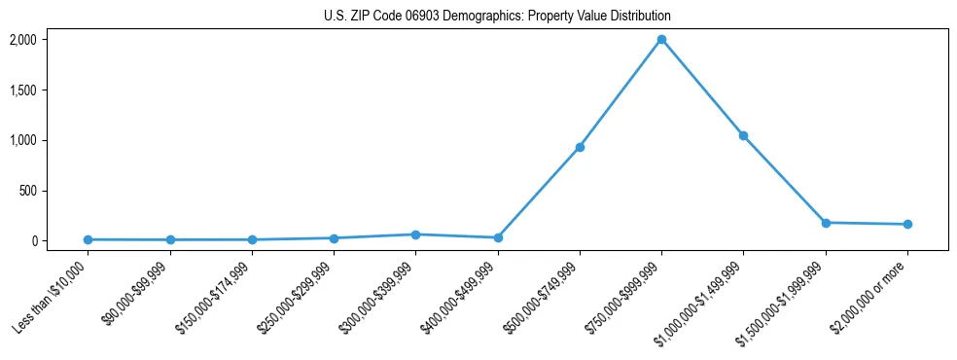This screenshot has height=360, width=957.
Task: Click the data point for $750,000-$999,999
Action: pyautogui.click(x=661, y=40)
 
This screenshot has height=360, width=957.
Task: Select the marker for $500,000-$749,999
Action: pyautogui.click(x=580, y=147)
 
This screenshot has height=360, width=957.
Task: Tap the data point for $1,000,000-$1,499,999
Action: pyautogui.click(x=743, y=135)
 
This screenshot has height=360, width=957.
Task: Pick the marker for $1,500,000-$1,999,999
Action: pyautogui.click(x=826, y=223)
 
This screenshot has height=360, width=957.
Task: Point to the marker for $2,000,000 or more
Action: pyautogui.click(x=907, y=225)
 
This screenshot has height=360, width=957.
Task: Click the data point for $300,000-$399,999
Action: pyautogui.click(x=415, y=234)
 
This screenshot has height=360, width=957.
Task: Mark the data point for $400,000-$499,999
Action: pyautogui.click(x=498, y=237)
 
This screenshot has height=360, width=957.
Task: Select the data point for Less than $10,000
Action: pyautogui.click(x=88, y=239)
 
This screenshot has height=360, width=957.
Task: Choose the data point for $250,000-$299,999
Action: pyautogui.click(x=334, y=238)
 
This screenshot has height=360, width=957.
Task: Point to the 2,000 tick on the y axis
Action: pyautogui.click(x=51, y=40)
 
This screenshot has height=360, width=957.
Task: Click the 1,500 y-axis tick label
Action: pyautogui.click(x=51, y=90)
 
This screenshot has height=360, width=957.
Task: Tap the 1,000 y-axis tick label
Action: pyautogui.click(x=51, y=140)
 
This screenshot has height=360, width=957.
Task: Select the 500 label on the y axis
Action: pyautogui.click(x=55, y=191)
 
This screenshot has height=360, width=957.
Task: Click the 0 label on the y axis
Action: pyautogui.click(x=60, y=240)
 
